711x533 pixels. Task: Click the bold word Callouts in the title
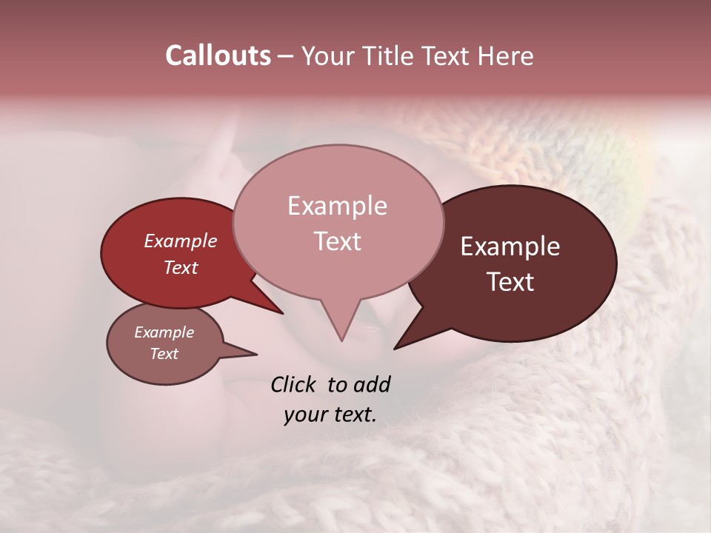pyautogui.click(x=218, y=56)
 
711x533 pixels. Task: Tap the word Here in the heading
pyautogui.click(x=506, y=56)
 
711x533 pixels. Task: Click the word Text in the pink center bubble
pyautogui.click(x=337, y=241)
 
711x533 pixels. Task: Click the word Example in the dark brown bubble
pyautogui.click(x=510, y=247)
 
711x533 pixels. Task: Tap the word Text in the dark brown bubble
pyautogui.click(x=510, y=281)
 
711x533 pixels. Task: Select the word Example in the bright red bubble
pyautogui.click(x=181, y=241)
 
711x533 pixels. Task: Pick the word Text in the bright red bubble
pyautogui.click(x=181, y=267)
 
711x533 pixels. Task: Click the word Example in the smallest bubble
pyautogui.click(x=164, y=332)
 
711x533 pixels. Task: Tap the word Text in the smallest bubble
pyautogui.click(x=164, y=354)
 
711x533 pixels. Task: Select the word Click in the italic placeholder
pyautogui.click(x=295, y=384)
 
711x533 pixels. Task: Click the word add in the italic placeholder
pyautogui.click(x=371, y=384)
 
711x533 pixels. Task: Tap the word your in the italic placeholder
pyautogui.click(x=304, y=415)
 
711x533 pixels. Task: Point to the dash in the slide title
pyautogui.click(x=287, y=56)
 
